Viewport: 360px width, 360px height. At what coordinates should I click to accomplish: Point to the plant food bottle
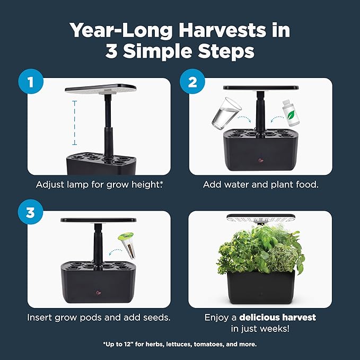coord(289,110)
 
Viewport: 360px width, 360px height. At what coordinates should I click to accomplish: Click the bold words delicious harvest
coord(277,318)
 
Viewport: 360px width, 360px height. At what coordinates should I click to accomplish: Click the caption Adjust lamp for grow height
coord(99,185)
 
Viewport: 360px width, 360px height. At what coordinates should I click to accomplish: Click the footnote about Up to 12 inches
coord(180,344)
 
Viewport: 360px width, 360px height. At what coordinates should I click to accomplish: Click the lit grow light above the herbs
coord(260,217)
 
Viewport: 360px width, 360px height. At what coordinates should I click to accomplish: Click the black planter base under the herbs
coord(260,289)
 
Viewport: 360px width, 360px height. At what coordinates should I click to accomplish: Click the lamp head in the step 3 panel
coord(99,220)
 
